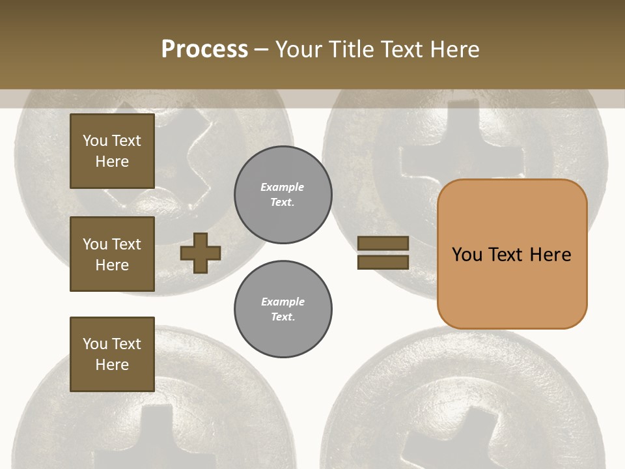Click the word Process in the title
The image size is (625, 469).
pyautogui.click(x=204, y=49)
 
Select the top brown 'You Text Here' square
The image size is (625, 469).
pyautogui.click(x=112, y=151)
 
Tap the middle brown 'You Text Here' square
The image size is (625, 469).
pyautogui.click(x=112, y=254)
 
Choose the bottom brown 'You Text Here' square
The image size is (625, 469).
pyautogui.click(x=112, y=354)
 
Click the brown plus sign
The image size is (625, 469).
pyautogui.click(x=201, y=253)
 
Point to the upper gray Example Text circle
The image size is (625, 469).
pyautogui.click(x=283, y=195)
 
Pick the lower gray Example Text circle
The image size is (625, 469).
pyautogui.click(x=283, y=309)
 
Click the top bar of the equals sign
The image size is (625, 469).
pyautogui.click(x=383, y=243)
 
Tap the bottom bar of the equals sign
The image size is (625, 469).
pyautogui.click(x=383, y=262)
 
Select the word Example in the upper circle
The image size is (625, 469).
pyautogui.click(x=283, y=187)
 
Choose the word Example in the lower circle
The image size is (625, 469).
pyautogui.click(x=283, y=302)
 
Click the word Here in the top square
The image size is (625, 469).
pyautogui.click(x=112, y=162)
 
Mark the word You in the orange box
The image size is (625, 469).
pyautogui.click(x=467, y=254)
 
